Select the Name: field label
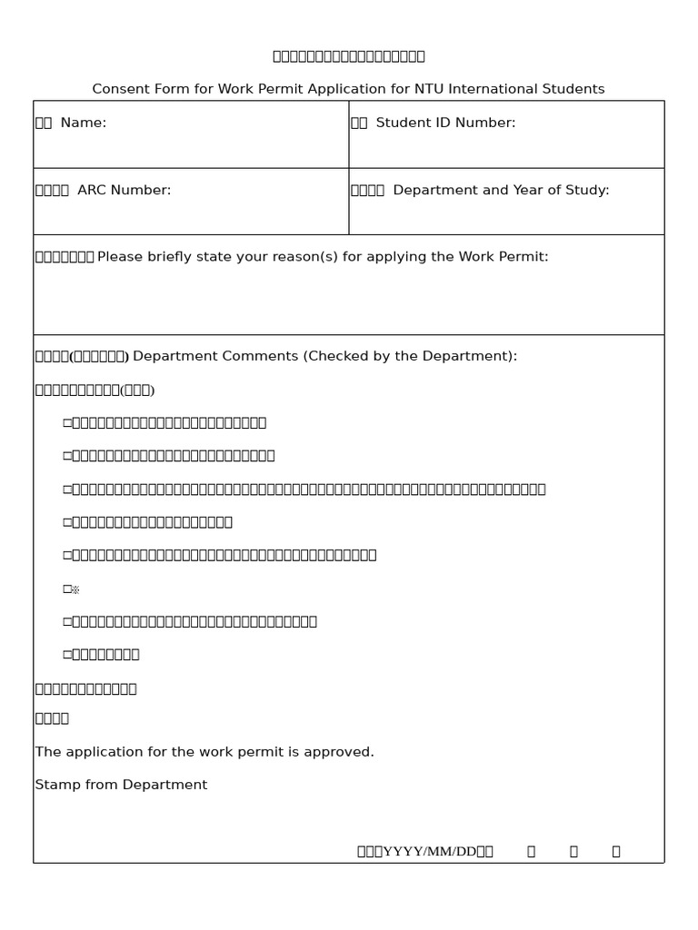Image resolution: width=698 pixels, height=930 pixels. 83,123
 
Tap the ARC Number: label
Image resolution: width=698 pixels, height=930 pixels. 124,190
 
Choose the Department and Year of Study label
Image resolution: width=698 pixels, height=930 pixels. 501,190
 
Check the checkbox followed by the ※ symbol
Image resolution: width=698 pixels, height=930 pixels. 66,589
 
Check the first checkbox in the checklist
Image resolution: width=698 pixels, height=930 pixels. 66,422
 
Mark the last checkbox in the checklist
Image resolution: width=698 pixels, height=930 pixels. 66,654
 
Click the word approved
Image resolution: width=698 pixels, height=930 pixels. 344,752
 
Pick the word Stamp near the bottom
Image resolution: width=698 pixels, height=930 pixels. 55,785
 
